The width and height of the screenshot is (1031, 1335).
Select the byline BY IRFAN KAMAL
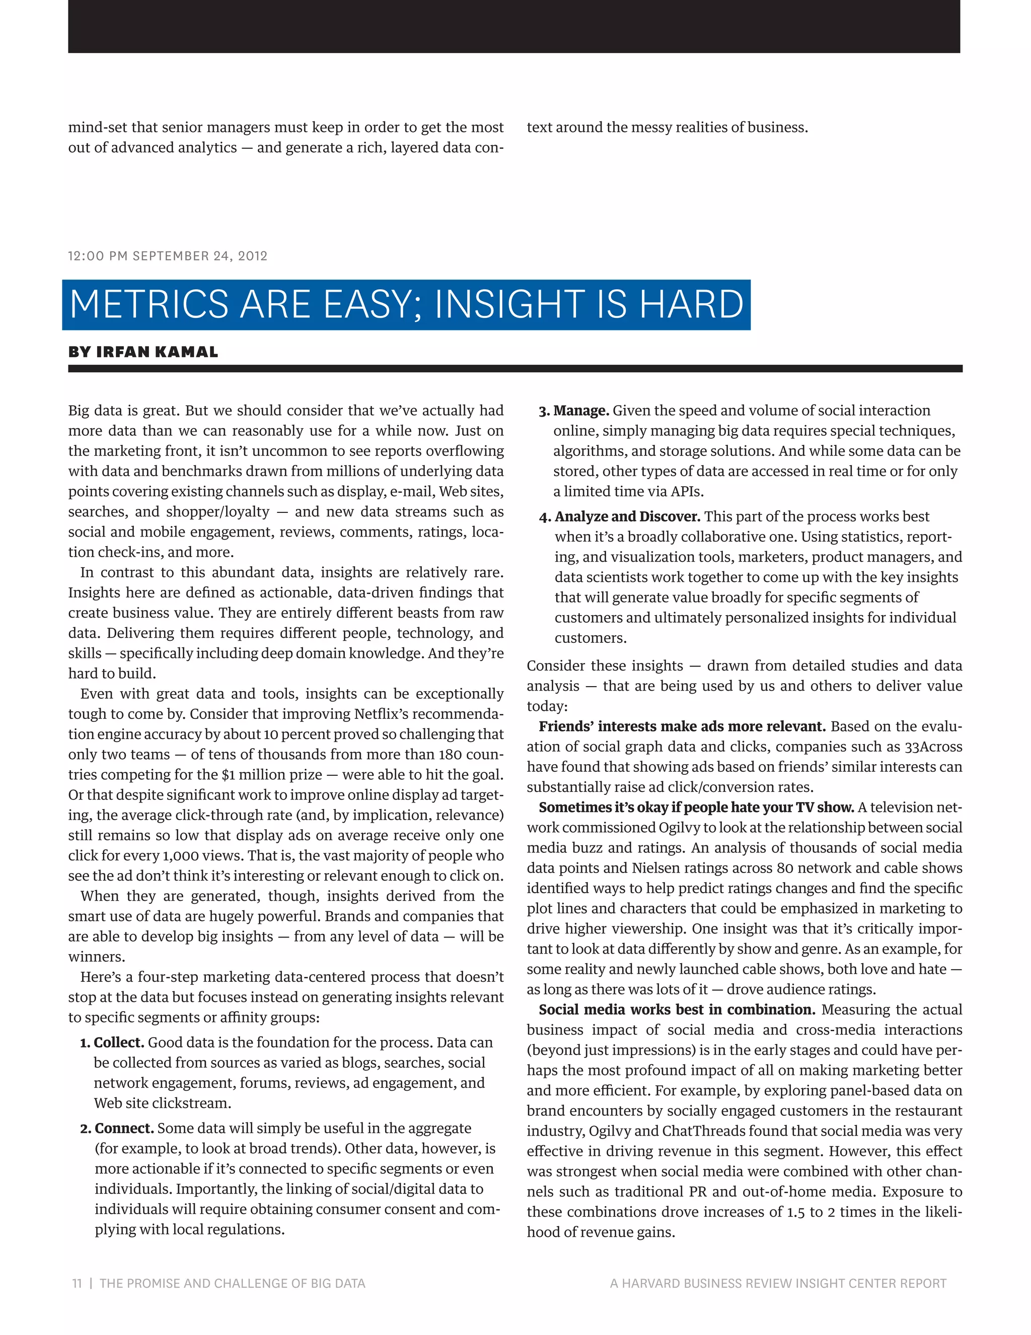point(143,352)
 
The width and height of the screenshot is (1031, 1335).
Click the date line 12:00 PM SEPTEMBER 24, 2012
point(168,256)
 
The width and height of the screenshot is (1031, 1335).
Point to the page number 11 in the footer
point(77,1283)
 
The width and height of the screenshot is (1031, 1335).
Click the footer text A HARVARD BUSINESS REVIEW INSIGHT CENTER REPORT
point(777,1283)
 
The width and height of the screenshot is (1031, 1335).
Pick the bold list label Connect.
point(124,1128)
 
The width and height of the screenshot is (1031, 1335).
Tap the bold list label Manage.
point(581,411)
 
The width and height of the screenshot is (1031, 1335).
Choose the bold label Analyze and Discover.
point(627,516)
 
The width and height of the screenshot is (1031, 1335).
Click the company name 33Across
point(933,747)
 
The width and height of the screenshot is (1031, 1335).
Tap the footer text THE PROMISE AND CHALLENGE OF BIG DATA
point(232,1283)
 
